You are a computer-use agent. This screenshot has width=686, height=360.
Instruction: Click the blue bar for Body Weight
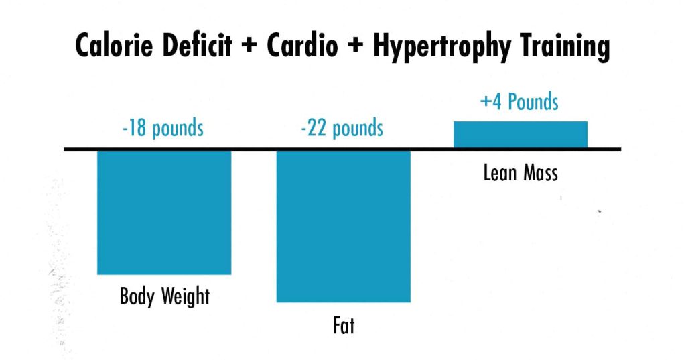coord(164,212)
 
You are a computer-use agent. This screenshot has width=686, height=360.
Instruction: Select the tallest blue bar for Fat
coord(343,226)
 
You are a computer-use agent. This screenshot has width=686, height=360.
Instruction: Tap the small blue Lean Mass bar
coord(520,135)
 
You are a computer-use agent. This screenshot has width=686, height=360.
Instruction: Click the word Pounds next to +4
coord(533,103)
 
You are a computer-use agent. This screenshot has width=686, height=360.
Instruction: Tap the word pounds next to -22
coord(359,129)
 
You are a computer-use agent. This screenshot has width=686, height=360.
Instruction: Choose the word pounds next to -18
coord(178,129)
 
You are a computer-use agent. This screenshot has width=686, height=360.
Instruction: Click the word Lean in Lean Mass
coord(498,173)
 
